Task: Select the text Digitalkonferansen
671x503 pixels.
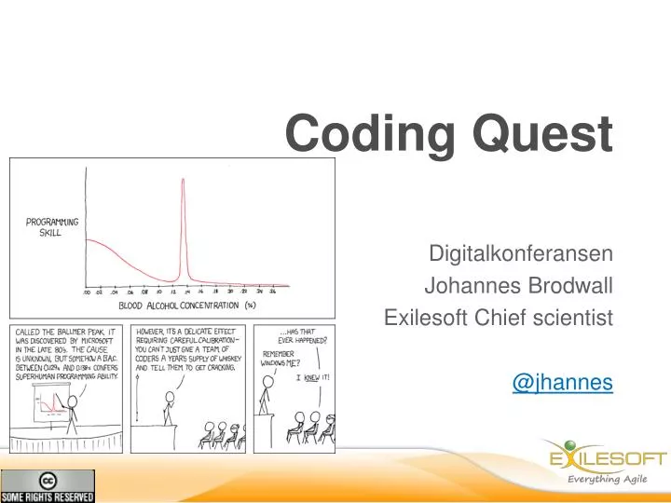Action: click(x=520, y=253)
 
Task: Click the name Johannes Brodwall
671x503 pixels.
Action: click(x=518, y=286)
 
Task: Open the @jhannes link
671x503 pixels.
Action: click(x=562, y=383)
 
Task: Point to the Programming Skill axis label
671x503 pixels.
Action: click(x=51, y=227)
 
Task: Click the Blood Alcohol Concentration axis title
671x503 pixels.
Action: click(x=186, y=305)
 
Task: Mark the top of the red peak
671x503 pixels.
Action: click(x=183, y=179)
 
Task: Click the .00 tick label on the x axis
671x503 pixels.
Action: click(x=87, y=291)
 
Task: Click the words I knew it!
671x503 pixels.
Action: click(x=312, y=377)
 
